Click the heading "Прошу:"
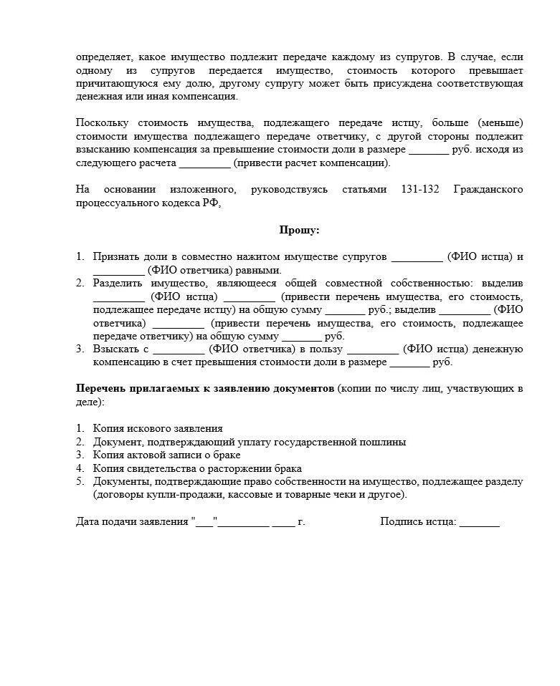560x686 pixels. [x=299, y=230]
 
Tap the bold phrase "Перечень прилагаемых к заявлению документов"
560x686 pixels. [x=204, y=389]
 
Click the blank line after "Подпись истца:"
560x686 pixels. [x=479, y=522]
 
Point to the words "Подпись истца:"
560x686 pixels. [x=418, y=522]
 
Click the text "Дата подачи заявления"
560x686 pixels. [x=132, y=522]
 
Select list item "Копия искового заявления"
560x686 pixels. [x=157, y=428]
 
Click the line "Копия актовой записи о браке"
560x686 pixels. [x=166, y=455]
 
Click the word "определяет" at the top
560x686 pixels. [x=102, y=57]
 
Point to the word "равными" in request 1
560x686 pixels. [x=260, y=270]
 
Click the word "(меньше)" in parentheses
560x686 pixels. [x=502, y=122]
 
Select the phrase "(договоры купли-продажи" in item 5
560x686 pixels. [x=146, y=495]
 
